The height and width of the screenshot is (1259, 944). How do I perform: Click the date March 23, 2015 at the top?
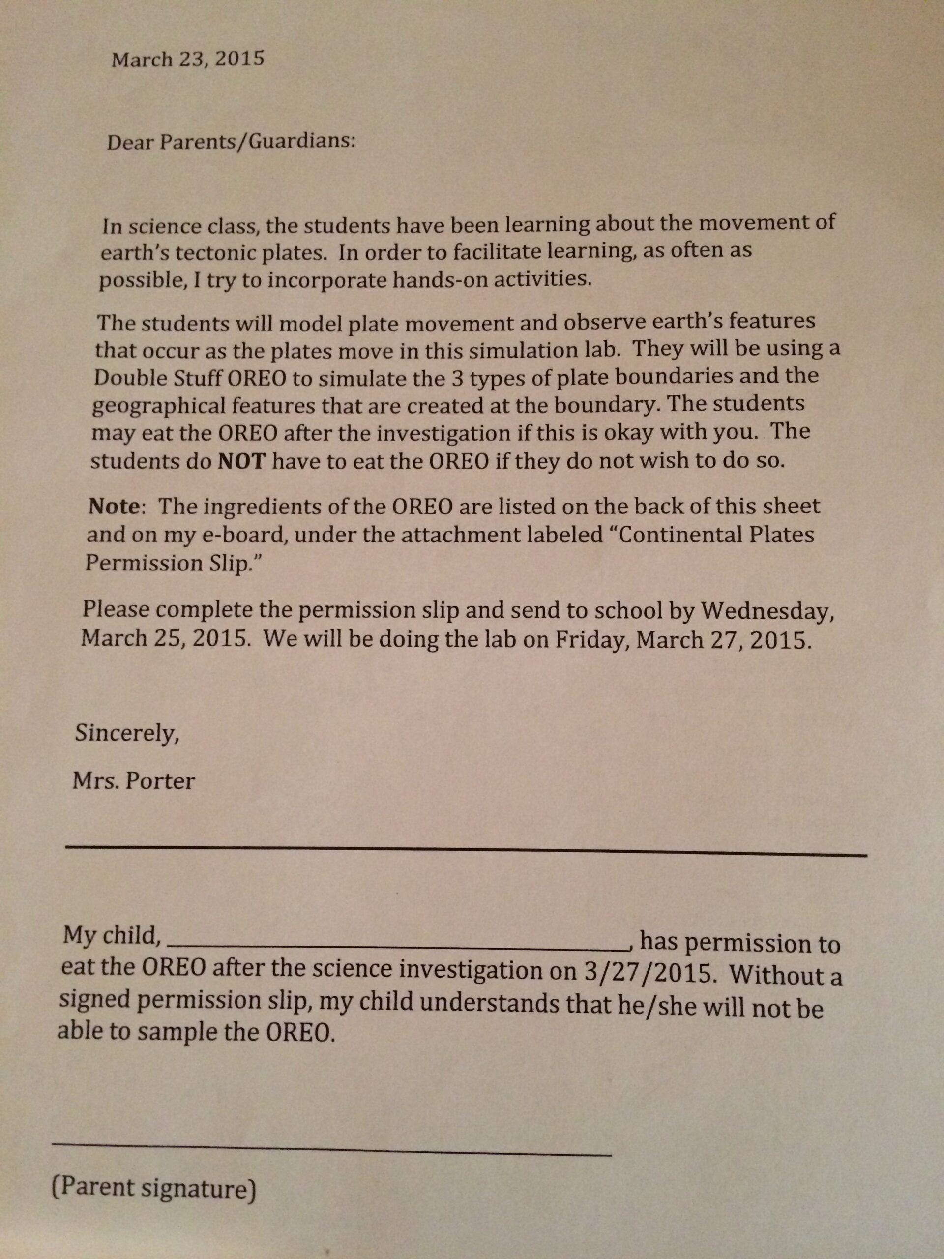(188, 59)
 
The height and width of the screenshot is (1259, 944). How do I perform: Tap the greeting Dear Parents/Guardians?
(231, 142)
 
